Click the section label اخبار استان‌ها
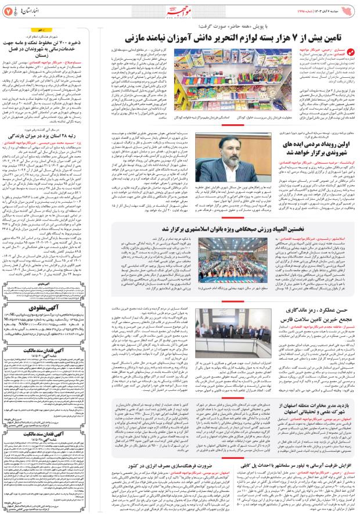(29, 10)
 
